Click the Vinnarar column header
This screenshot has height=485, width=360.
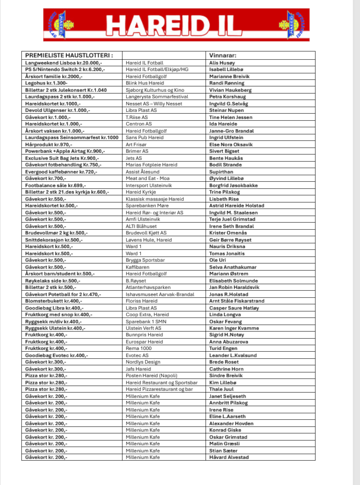224,54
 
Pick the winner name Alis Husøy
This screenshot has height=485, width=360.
223,62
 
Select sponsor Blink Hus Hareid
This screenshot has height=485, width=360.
146,83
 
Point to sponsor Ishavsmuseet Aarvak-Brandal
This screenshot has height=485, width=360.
160,294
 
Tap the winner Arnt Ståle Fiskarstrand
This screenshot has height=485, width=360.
237,301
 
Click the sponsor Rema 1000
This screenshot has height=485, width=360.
139,348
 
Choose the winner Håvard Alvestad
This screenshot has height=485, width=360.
229,457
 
